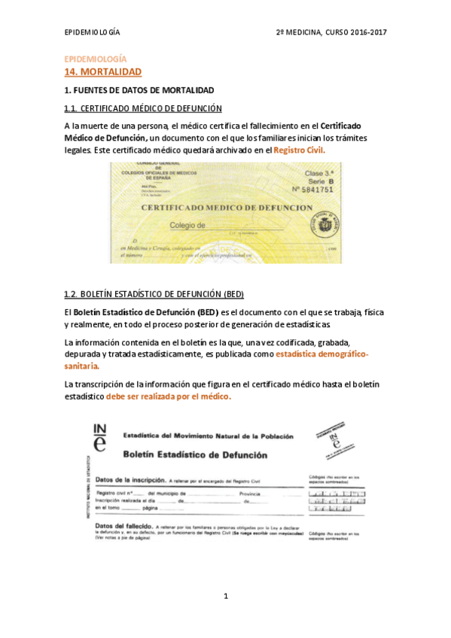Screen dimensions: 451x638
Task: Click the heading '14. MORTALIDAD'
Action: [103, 71]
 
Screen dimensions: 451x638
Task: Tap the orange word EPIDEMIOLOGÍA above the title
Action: [95, 59]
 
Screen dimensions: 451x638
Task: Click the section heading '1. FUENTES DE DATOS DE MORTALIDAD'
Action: [139, 90]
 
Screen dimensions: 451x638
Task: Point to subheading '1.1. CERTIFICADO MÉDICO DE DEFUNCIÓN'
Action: [142, 108]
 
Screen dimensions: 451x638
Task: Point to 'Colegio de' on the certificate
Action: [187, 225]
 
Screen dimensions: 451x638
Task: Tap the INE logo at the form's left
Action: [99, 438]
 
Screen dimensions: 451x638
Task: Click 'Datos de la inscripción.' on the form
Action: [130, 478]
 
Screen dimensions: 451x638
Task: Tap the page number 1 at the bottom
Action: [225, 596]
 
